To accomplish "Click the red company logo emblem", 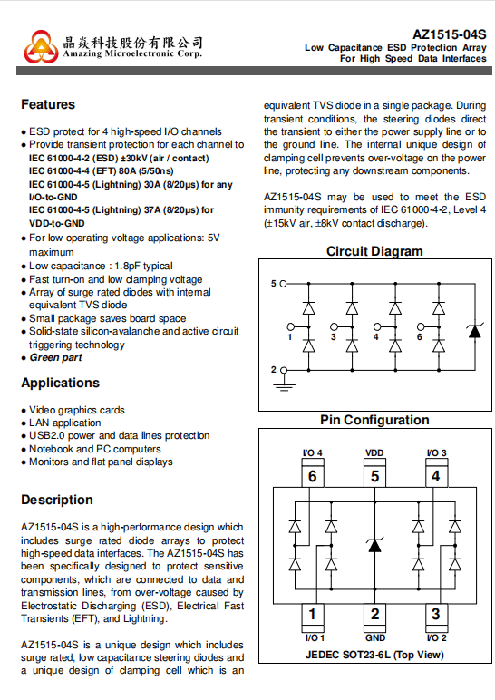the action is pyautogui.click(x=41, y=46).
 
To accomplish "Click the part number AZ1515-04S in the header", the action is pyautogui.click(x=449, y=34).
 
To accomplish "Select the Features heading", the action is pyautogui.click(x=48, y=104).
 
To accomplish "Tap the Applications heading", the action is pyautogui.click(x=60, y=383).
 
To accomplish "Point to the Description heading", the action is pyautogui.click(x=57, y=500).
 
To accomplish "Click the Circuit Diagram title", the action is pyautogui.click(x=374, y=251).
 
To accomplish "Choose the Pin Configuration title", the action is pyautogui.click(x=374, y=420).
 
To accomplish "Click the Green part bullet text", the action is pyautogui.click(x=56, y=357).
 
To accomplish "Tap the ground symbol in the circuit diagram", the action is pyautogui.click(x=284, y=385).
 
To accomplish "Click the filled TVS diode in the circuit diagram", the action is pyautogui.click(x=474, y=330).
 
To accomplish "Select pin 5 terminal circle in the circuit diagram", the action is pyautogui.click(x=283, y=284).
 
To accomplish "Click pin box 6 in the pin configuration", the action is pyautogui.click(x=313, y=476).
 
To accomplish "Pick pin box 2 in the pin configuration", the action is pyautogui.click(x=375, y=614).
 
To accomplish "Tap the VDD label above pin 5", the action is pyautogui.click(x=374, y=452).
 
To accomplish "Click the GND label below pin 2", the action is pyautogui.click(x=375, y=638).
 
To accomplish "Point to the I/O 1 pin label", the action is pyautogui.click(x=315, y=638).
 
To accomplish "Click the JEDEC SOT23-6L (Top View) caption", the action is pyautogui.click(x=374, y=655).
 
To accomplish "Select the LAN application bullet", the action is pyautogui.click(x=64, y=423).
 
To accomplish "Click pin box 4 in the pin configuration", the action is pyautogui.click(x=436, y=476).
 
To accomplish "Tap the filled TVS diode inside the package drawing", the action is pyautogui.click(x=374, y=545).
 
